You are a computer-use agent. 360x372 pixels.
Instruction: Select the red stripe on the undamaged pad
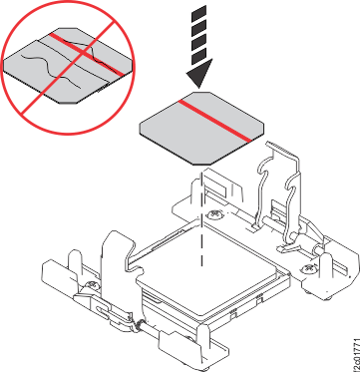214,121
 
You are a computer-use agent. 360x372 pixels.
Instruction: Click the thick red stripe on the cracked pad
87,54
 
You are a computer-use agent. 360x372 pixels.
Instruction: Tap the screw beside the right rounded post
306,266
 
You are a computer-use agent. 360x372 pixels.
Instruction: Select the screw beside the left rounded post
91,285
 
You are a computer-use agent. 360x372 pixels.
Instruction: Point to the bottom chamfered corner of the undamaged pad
201,165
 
